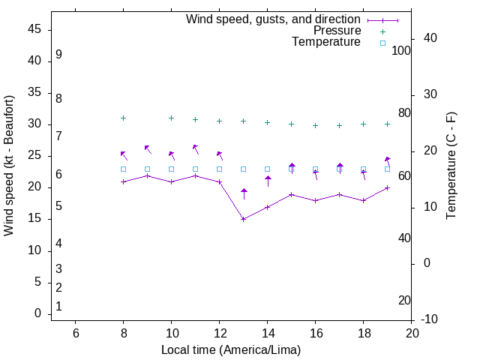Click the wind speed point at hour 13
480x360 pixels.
(x=244, y=219)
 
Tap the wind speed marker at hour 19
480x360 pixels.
(x=388, y=187)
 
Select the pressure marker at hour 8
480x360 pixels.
(x=124, y=118)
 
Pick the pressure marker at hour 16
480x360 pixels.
(x=316, y=125)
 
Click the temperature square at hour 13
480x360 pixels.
(x=244, y=169)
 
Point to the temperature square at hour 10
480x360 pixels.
(x=172, y=169)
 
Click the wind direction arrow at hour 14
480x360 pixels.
(x=268, y=181)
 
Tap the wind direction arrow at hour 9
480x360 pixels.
(x=148, y=149)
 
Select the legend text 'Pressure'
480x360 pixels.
(x=337, y=31)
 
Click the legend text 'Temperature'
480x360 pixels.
(x=326, y=43)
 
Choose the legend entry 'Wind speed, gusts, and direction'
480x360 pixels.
(x=273, y=19)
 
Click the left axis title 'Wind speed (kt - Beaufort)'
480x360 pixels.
(x=9, y=165)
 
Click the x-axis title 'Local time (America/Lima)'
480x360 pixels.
(x=231, y=349)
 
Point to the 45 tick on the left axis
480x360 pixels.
(x=34, y=29)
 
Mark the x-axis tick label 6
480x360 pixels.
(x=76, y=333)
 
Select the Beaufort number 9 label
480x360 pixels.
(x=58, y=55)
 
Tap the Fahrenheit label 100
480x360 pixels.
(x=401, y=50)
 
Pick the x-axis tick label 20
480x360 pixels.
(x=412, y=333)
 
